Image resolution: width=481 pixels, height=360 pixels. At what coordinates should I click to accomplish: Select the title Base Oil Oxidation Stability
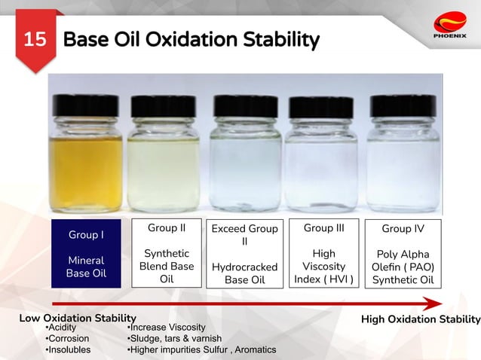(191, 39)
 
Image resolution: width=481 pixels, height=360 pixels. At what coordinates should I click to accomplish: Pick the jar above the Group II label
(164, 162)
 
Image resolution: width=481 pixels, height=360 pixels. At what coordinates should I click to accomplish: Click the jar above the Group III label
(321, 162)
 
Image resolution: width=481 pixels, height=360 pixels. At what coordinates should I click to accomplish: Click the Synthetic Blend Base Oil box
(167, 253)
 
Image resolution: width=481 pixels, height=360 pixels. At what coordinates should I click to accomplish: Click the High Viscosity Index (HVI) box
(323, 253)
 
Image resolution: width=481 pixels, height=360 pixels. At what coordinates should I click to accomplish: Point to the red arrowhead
(431, 304)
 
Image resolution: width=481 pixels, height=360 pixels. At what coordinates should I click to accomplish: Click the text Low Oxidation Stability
(78, 319)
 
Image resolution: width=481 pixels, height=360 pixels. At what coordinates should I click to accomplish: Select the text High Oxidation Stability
(420, 319)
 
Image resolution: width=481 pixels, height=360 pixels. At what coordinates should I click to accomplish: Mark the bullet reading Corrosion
(68, 338)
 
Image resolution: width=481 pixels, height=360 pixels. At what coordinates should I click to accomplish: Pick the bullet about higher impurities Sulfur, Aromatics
(201, 349)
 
